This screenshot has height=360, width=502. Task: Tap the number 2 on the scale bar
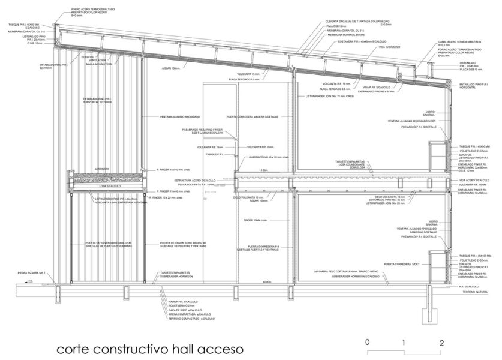coord(441,344)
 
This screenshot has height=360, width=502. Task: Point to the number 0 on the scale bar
coord(368,344)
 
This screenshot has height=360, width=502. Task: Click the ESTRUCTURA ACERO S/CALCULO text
coord(195,180)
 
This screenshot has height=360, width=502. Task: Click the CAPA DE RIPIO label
coord(184,310)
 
